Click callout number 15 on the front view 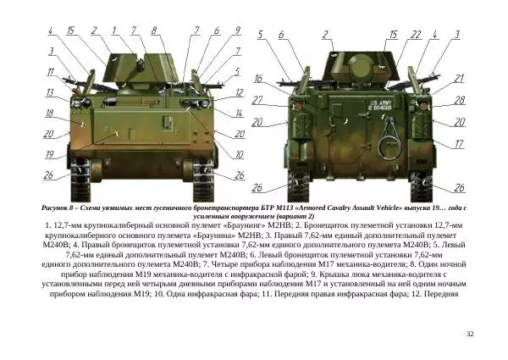(x=70, y=31)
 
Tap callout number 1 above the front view (x=113, y=32)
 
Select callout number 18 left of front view (x=49, y=113)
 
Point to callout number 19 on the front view (x=50, y=153)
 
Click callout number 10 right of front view (x=240, y=154)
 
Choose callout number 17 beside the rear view (x=459, y=144)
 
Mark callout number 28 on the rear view (x=459, y=100)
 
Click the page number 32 (x=470, y=335)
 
